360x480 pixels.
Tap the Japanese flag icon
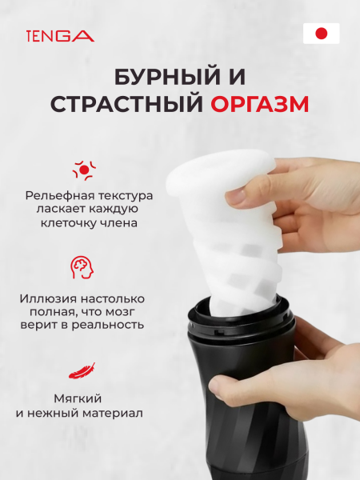pyautogui.click(x=321, y=34)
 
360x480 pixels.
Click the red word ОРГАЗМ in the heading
pyautogui.click(x=260, y=106)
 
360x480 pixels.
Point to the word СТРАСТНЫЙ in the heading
pyautogui.click(x=127, y=106)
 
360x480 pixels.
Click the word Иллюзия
pyautogui.click(x=47, y=298)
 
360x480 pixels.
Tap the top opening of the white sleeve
pyautogui.click(x=220, y=169)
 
